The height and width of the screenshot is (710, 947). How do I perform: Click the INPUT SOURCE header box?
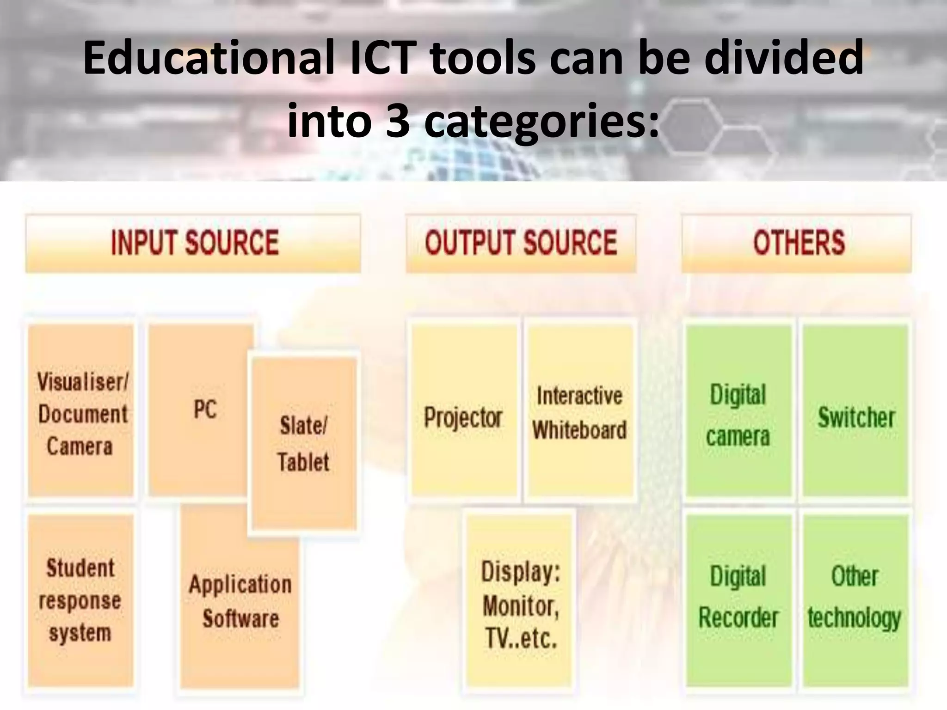coord(193,243)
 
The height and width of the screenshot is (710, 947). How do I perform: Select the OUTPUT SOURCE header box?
coord(521,243)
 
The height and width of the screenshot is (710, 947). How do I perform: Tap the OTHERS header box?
coord(796,243)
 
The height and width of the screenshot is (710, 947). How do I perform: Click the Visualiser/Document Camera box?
coord(81,411)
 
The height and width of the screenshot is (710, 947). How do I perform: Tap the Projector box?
coord(464,411)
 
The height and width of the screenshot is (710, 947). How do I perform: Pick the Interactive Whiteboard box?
coord(580,411)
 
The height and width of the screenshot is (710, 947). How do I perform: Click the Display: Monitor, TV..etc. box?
coord(521,601)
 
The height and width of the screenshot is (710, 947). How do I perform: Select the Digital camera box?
coord(738,411)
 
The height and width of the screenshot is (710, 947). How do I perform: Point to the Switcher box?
coord(856,411)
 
